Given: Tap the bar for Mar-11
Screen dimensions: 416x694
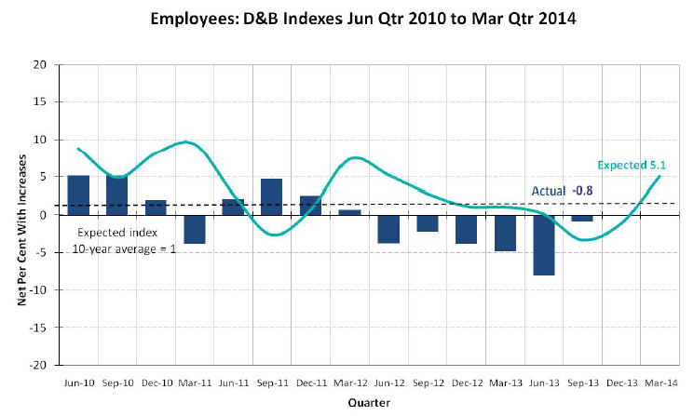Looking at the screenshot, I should coord(195,229).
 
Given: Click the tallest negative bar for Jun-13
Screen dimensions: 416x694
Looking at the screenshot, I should coord(542,245).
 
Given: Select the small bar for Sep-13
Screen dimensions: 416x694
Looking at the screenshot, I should coord(581,218).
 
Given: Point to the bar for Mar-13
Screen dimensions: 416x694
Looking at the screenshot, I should coord(504,233).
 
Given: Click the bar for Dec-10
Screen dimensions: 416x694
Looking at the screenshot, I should coord(156,207).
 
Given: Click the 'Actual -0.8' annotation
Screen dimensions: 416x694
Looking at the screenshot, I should coord(562,192).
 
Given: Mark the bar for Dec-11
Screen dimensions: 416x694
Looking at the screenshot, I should coord(310,205).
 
